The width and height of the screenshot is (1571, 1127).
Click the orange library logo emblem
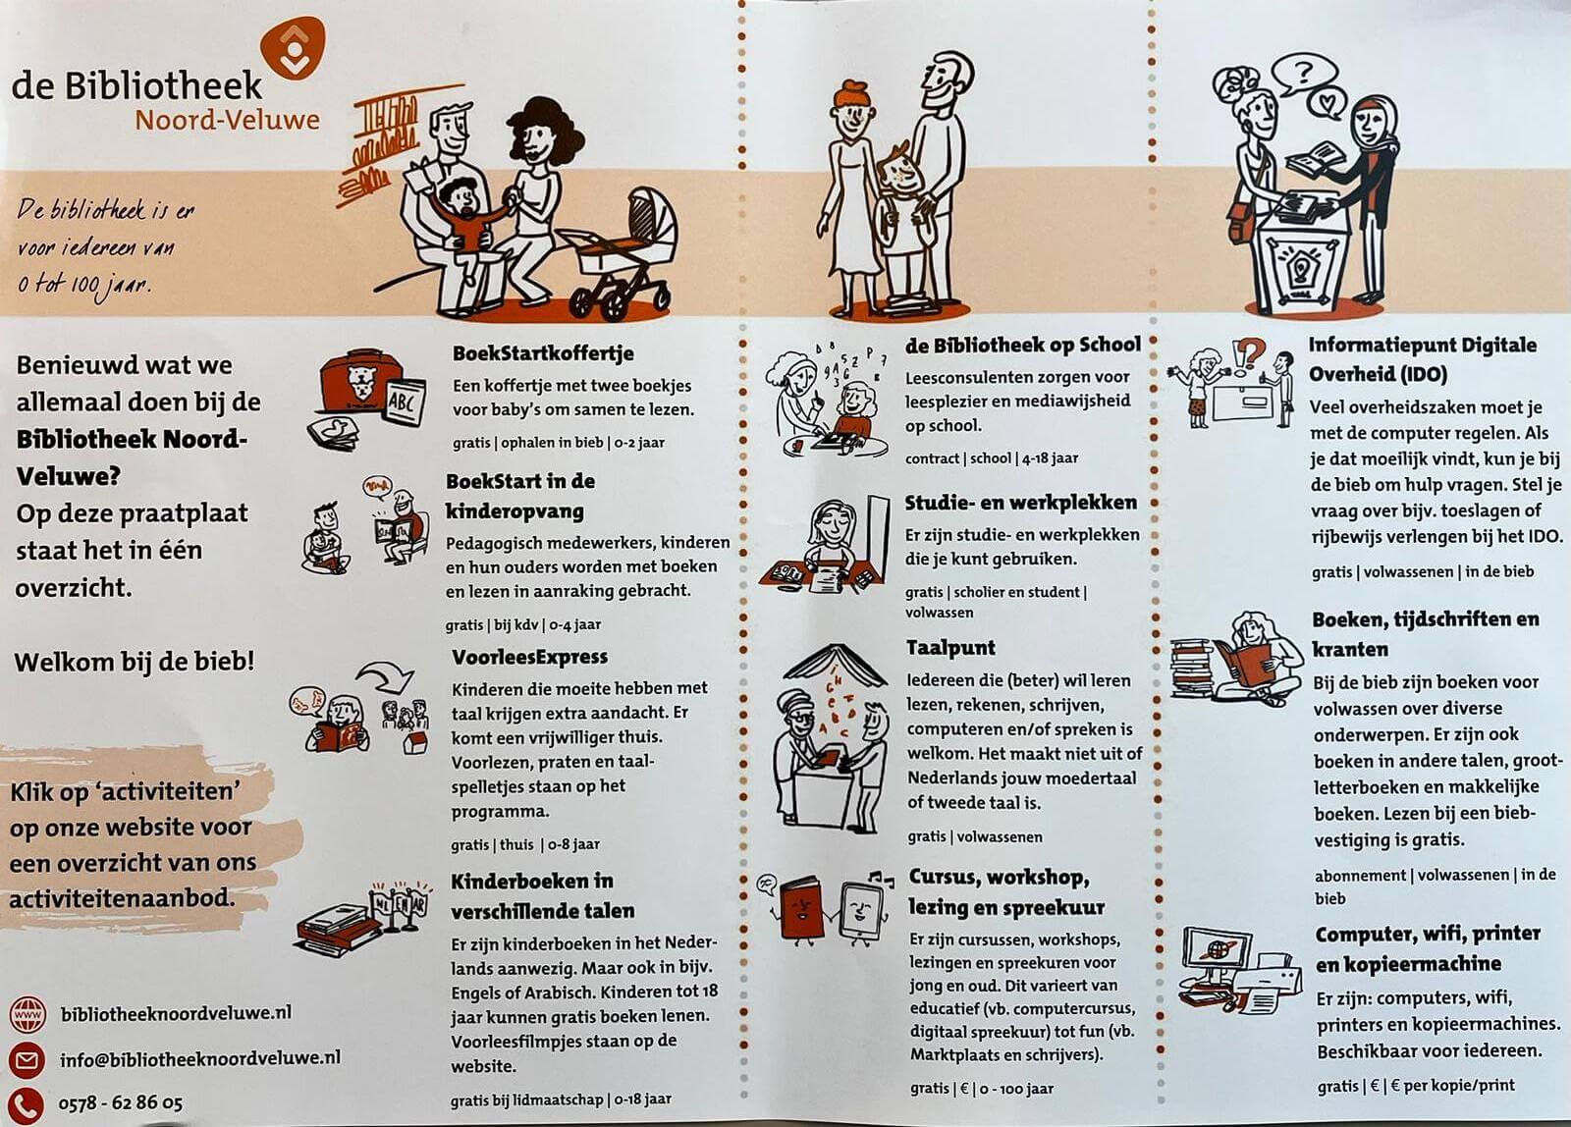click(x=293, y=48)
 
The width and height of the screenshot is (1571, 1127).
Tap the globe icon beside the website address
click(x=27, y=1014)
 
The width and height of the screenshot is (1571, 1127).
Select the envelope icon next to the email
click(x=27, y=1059)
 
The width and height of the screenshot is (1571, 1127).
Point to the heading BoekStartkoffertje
click(x=543, y=352)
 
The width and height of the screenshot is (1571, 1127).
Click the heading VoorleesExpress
click(x=529, y=657)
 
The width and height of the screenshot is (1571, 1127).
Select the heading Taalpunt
click(x=950, y=647)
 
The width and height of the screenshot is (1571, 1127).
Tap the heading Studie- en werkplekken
click(x=1020, y=503)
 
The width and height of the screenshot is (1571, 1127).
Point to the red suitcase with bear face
click(x=360, y=383)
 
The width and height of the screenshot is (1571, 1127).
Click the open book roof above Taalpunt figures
click(x=835, y=665)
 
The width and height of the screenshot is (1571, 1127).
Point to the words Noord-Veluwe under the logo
click(x=227, y=120)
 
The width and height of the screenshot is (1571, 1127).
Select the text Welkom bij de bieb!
click(x=134, y=662)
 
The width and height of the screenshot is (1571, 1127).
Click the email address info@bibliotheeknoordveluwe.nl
click(x=200, y=1058)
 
